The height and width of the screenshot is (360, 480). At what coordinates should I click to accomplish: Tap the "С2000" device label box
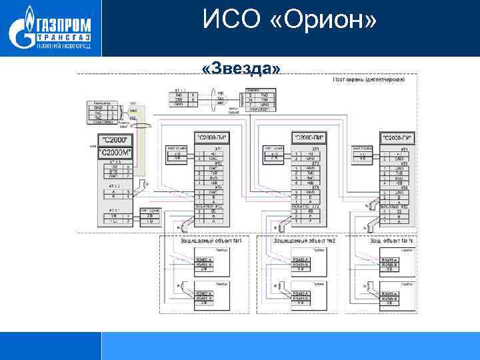(115, 140)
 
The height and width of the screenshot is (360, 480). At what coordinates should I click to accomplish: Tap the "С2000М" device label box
(115, 153)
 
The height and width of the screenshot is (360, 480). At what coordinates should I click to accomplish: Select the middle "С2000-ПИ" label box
(309, 137)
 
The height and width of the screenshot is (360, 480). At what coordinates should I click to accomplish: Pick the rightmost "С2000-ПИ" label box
(397, 137)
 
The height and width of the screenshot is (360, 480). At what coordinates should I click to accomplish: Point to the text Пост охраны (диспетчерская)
(369, 80)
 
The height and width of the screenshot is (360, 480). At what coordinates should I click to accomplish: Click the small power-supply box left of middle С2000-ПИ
(274, 155)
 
